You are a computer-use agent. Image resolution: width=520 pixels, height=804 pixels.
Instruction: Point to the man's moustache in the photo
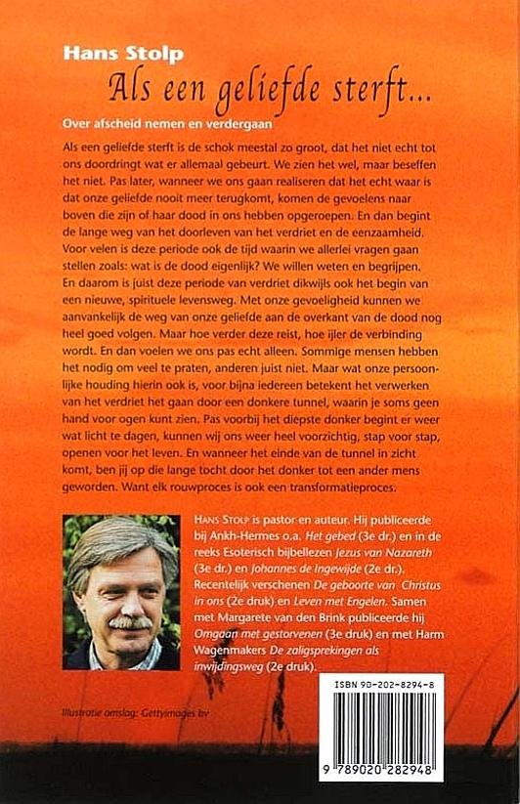click(128, 622)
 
